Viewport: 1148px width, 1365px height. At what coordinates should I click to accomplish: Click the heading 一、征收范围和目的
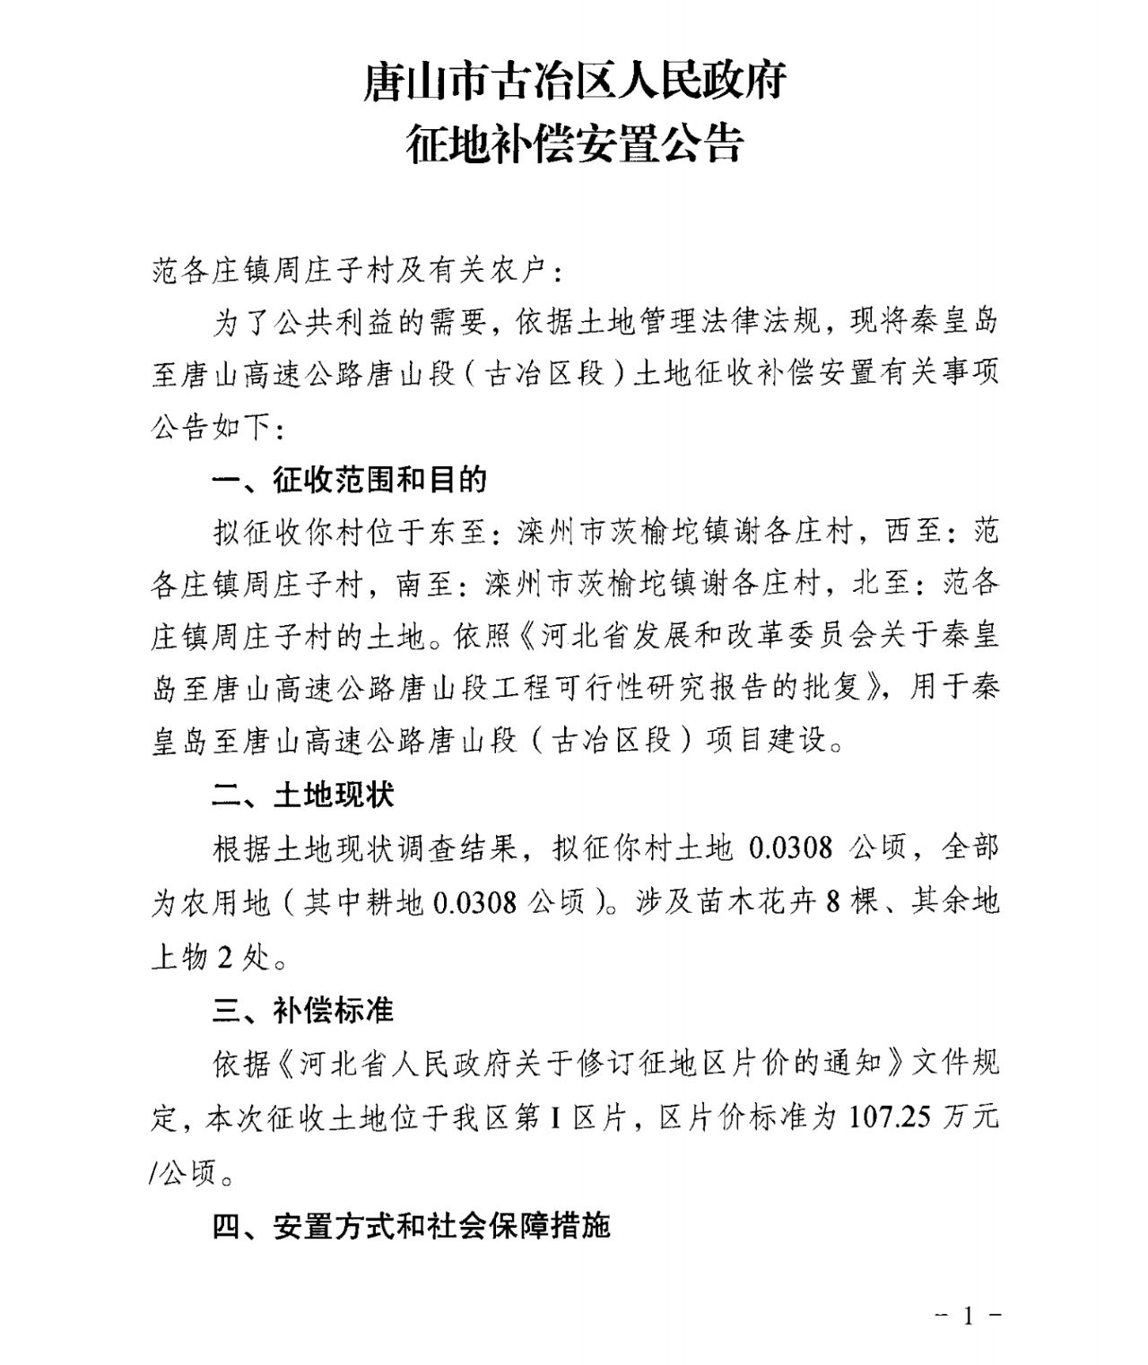350,481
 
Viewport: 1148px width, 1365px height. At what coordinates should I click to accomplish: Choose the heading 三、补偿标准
303,1010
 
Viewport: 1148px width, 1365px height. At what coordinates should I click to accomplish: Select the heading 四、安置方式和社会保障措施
411,1225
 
